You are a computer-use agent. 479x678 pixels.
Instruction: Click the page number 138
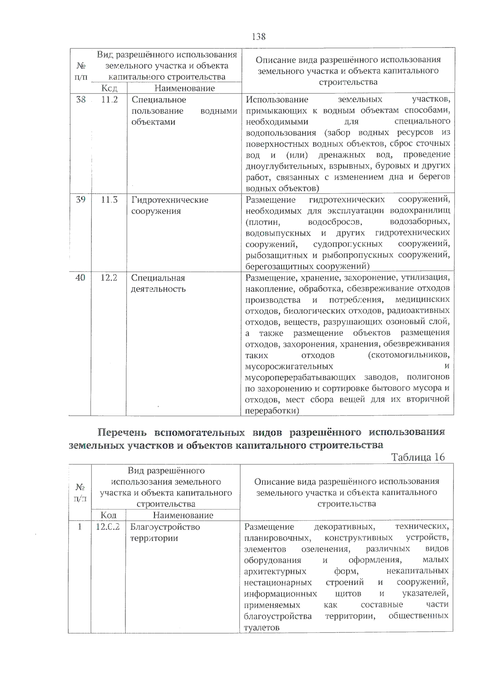pos(259,37)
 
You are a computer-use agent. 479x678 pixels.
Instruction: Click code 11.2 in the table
pos(109,100)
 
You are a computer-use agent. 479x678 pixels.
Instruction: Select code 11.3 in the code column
pos(109,200)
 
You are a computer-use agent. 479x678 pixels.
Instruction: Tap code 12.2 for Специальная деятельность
pos(109,278)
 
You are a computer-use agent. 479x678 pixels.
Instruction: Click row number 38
pos(81,100)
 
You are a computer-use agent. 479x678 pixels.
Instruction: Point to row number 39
pos(81,200)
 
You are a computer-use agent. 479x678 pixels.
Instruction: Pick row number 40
pos(80,278)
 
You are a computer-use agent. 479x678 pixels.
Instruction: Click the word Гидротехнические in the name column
pos(170,200)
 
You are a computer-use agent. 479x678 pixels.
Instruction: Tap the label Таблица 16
pos(418,457)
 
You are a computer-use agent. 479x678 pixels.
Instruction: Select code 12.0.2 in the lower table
pos(108,527)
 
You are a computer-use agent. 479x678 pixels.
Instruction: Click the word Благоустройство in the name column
pos(165,527)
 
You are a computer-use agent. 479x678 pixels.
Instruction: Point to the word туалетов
pos(261,628)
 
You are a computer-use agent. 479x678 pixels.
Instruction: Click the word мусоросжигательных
pos(289,366)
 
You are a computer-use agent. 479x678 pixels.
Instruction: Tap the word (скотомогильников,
pos(409,355)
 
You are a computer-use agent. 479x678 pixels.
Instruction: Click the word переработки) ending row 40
pos(272,410)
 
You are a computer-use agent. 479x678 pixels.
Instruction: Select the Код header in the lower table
pos(108,515)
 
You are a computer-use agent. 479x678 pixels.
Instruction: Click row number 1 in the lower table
pos(80,527)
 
